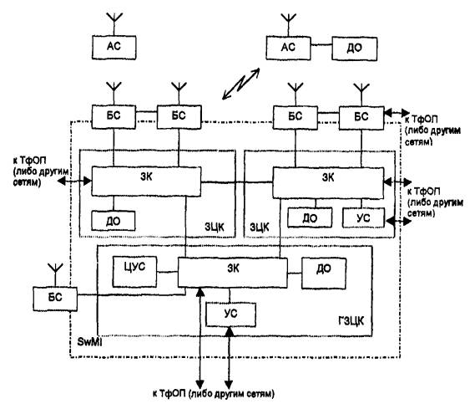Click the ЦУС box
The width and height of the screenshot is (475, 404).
click(134, 272)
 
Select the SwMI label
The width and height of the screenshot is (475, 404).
click(89, 342)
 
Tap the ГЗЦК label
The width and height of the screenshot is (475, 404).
click(351, 321)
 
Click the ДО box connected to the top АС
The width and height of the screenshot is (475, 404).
click(355, 49)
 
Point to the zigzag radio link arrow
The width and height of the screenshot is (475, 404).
click(240, 84)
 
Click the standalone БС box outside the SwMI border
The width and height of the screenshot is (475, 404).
click(55, 299)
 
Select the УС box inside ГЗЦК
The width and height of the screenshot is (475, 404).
click(230, 315)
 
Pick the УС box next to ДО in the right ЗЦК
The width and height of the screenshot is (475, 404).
click(363, 217)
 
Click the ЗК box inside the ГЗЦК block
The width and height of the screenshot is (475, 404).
click(232, 273)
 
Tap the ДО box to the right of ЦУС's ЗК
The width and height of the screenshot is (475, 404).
click(324, 274)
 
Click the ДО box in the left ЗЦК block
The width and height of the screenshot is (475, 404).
click(114, 221)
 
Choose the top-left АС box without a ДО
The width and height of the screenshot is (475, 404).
click(114, 48)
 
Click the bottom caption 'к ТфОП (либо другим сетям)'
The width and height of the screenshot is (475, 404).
click(214, 394)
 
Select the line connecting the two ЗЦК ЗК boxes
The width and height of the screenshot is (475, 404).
click(237, 182)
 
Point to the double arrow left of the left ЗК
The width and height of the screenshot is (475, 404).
click(74, 182)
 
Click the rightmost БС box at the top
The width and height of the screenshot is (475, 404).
click(361, 118)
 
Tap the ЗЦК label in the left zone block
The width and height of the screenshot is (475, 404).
click(215, 227)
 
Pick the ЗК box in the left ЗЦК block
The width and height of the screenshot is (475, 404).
click(146, 182)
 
